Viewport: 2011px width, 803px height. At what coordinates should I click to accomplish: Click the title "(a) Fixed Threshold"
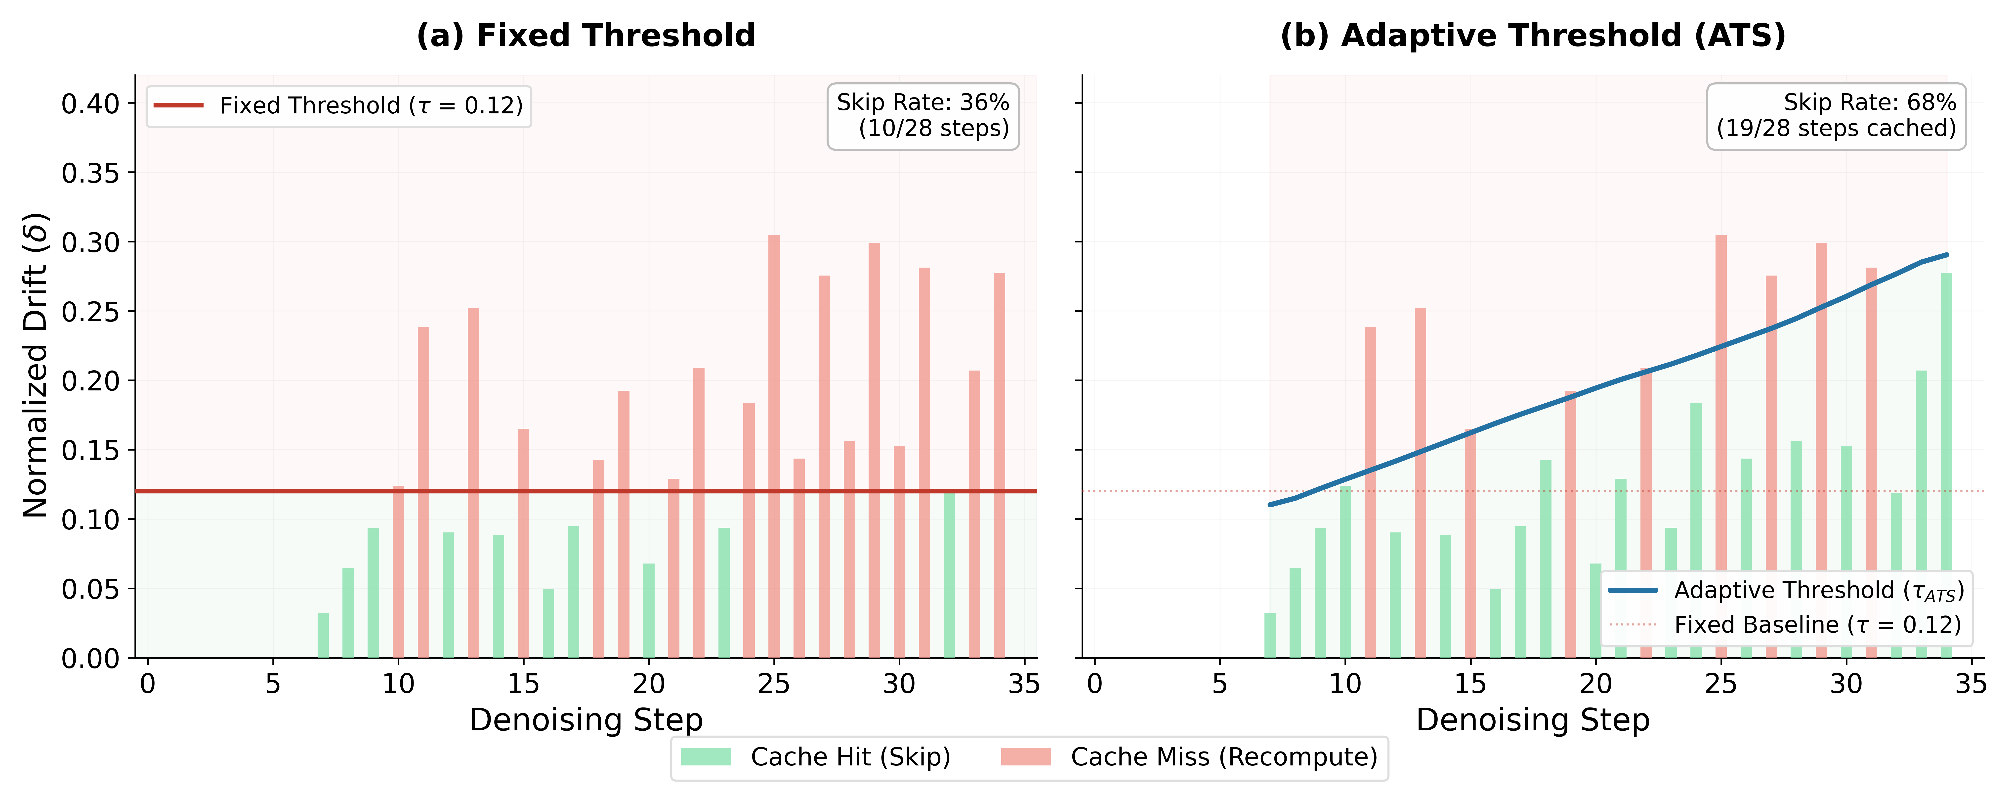586,36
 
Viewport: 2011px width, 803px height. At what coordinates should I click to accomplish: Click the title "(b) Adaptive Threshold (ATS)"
1532,36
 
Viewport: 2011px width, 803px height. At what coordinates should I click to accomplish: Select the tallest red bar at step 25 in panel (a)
774,445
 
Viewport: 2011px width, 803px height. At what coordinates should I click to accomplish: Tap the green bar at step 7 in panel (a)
323,635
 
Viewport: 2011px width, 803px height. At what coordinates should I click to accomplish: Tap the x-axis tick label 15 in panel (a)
523,684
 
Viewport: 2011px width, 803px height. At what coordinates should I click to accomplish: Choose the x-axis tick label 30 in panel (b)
1846,684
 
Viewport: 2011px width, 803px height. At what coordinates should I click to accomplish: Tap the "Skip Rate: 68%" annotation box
1836,116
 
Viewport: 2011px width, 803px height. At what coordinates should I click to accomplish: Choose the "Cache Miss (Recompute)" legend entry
1189,757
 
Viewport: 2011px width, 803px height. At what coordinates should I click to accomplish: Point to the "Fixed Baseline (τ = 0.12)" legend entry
1786,625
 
